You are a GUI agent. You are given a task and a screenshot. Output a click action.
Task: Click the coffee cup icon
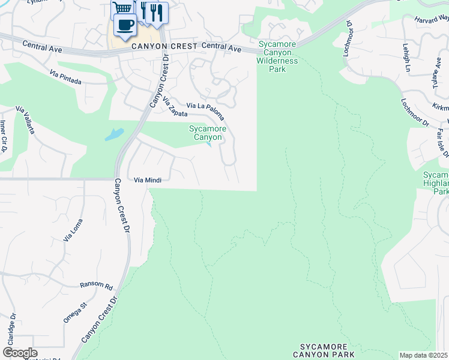pyautogui.click(x=125, y=25)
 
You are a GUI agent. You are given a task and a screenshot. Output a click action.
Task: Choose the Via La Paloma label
pyautogui.click(x=206, y=110)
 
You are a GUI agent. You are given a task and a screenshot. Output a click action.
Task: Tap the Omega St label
pyautogui.click(x=76, y=313)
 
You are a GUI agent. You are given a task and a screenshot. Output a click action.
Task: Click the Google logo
pyautogui.click(x=20, y=353)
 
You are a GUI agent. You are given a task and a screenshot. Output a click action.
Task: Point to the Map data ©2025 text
pyautogui.click(x=424, y=356)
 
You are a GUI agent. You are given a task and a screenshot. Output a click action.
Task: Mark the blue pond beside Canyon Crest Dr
pyautogui.click(x=114, y=134)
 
